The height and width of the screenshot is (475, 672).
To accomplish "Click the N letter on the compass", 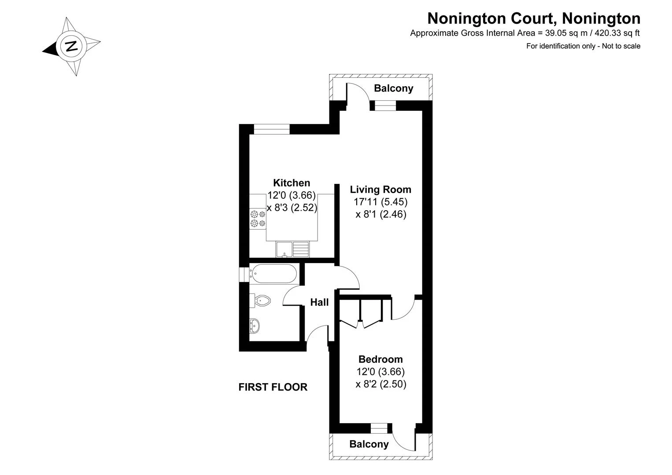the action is click(71, 46).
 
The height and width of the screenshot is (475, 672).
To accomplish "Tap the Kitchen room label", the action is click(291, 183).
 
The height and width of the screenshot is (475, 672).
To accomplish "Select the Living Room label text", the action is click(380, 190).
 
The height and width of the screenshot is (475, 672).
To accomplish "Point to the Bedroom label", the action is click(380, 359).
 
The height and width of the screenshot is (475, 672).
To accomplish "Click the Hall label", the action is click(319, 302).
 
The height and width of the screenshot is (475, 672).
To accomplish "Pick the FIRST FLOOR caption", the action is click(273, 387).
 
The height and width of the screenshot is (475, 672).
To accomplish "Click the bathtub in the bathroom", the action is click(273, 274).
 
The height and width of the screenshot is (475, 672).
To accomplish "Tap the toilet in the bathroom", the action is click(260, 300).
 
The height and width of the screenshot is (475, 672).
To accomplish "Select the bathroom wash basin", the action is click(255, 325).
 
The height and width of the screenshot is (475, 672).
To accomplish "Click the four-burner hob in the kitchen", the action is click(258, 219).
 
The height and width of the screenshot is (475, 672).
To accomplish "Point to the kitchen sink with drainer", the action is click(292, 249).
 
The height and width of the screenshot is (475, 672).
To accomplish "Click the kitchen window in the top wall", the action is click(272, 129).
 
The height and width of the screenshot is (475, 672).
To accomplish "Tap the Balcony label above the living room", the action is click(393, 88).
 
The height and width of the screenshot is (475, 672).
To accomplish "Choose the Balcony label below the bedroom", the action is click(369, 444).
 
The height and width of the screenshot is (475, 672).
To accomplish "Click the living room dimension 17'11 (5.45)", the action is click(380, 202).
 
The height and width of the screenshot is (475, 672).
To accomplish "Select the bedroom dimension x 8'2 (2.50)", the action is click(381, 384).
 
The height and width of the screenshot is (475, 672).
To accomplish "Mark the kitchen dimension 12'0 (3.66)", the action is click(291, 195).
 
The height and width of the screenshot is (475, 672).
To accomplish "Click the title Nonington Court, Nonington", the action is click(534, 18).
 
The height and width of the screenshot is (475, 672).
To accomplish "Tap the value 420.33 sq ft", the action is click(617, 33).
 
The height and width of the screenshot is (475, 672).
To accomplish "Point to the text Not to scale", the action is click(621, 46).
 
